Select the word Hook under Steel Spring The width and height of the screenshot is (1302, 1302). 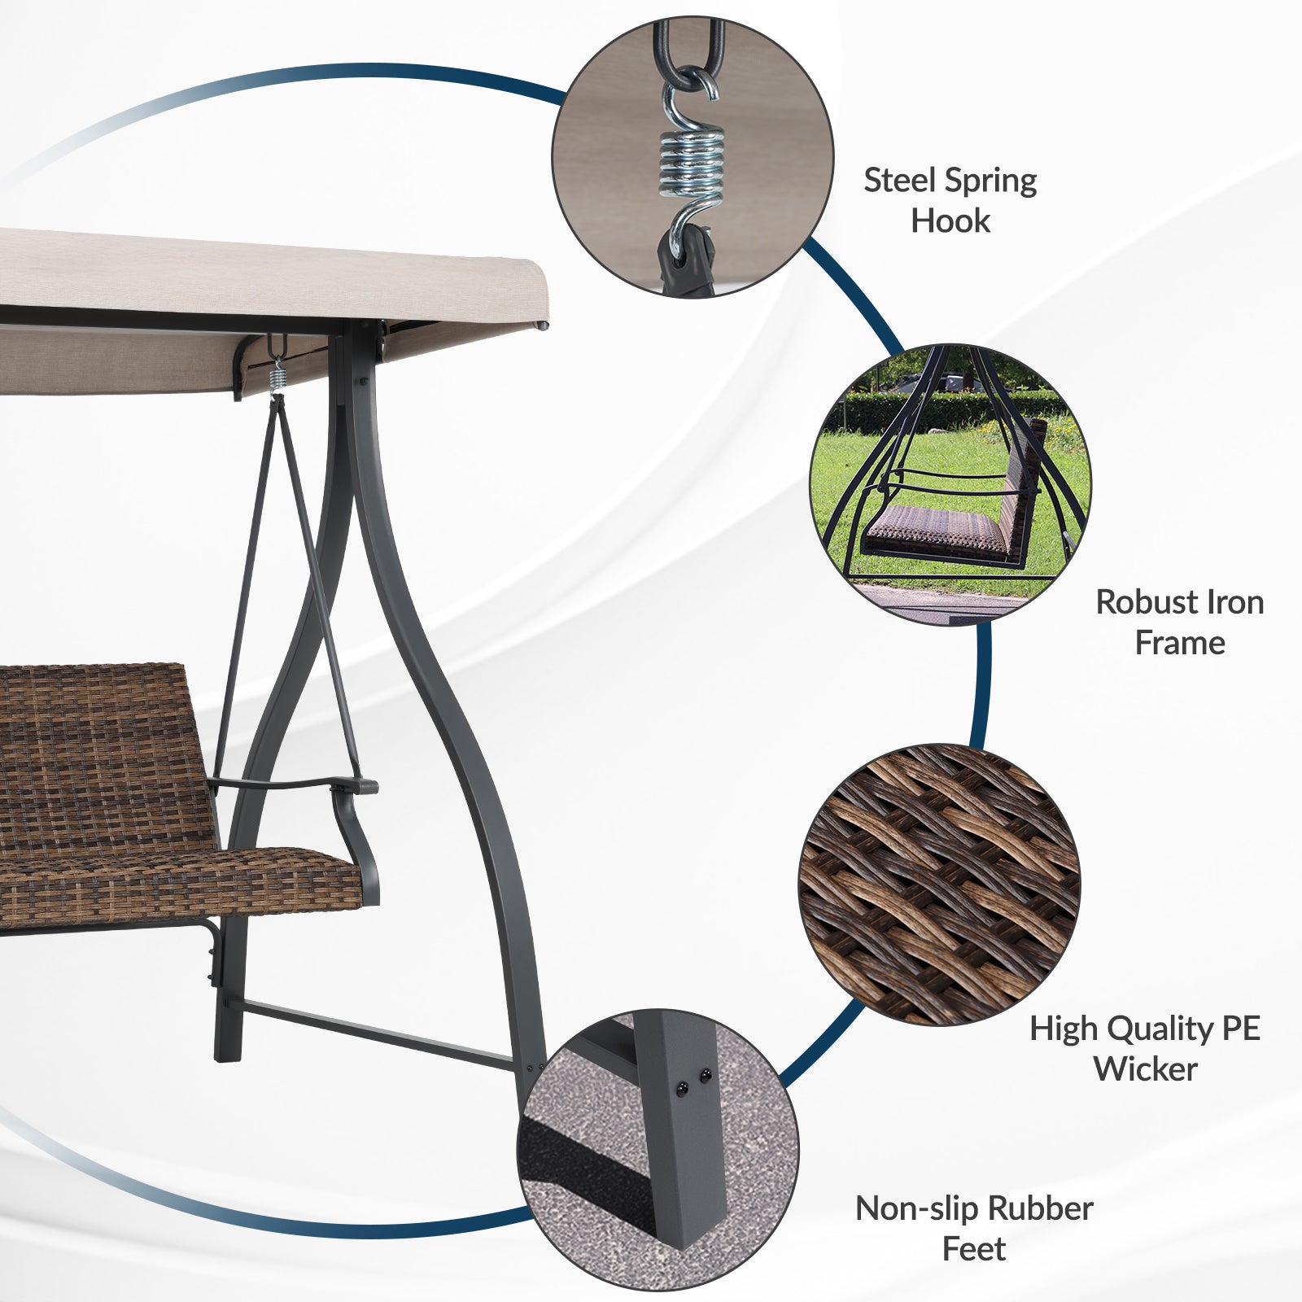click(x=950, y=221)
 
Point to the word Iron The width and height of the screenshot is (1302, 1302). click(x=1232, y=603)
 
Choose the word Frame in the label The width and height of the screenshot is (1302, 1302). click(x=1180, y=643)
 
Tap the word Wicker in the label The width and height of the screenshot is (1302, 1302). click(x=1146, y=1069)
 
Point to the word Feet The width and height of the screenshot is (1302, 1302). click(x=974, y=1248)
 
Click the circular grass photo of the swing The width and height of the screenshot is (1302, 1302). click(x=950, y=484)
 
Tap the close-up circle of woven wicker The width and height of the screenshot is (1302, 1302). click(x=940, y=885)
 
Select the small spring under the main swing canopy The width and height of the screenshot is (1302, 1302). click(x=278, y=378)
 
